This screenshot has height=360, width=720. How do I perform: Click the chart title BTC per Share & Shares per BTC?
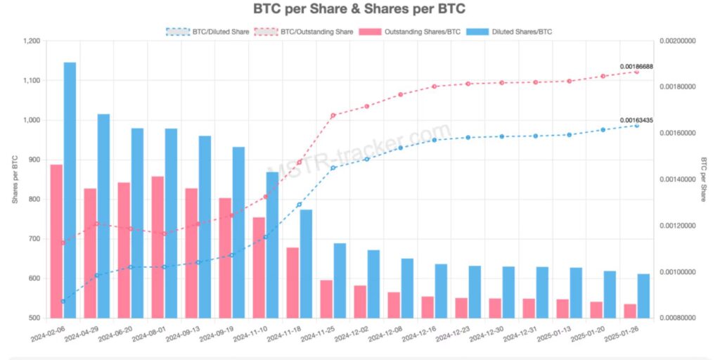(x=359, y=10)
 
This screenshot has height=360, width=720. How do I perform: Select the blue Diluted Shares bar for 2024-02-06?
(x=70, y=190)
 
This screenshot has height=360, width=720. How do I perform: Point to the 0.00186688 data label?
(x=636, y=66)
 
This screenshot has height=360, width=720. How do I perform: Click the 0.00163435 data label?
(x=636, y=120)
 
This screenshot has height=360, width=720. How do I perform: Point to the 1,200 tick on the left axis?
(x=32, y=41)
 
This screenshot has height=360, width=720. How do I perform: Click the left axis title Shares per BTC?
(x=15, y=179)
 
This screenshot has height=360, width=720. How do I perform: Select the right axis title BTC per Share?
(x=702, y=179)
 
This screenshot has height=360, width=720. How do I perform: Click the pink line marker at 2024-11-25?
(x=333, y=115)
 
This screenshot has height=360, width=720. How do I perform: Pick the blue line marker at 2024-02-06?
(x=63, y=301)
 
